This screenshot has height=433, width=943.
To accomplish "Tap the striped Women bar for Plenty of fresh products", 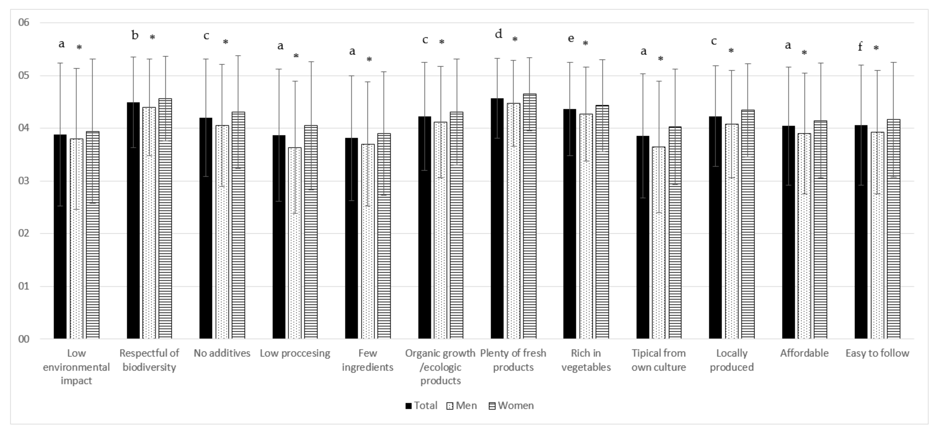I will [530, 216].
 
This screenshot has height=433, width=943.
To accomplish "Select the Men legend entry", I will [462, 406].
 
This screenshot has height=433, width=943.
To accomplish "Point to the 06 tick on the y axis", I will [24, 23].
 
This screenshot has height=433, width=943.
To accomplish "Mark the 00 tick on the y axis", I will [24, 339].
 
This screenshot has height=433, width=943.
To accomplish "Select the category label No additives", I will [222, 353].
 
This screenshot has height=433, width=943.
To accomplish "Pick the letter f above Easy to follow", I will [860, 46].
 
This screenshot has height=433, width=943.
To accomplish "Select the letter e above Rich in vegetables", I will [571, 38].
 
